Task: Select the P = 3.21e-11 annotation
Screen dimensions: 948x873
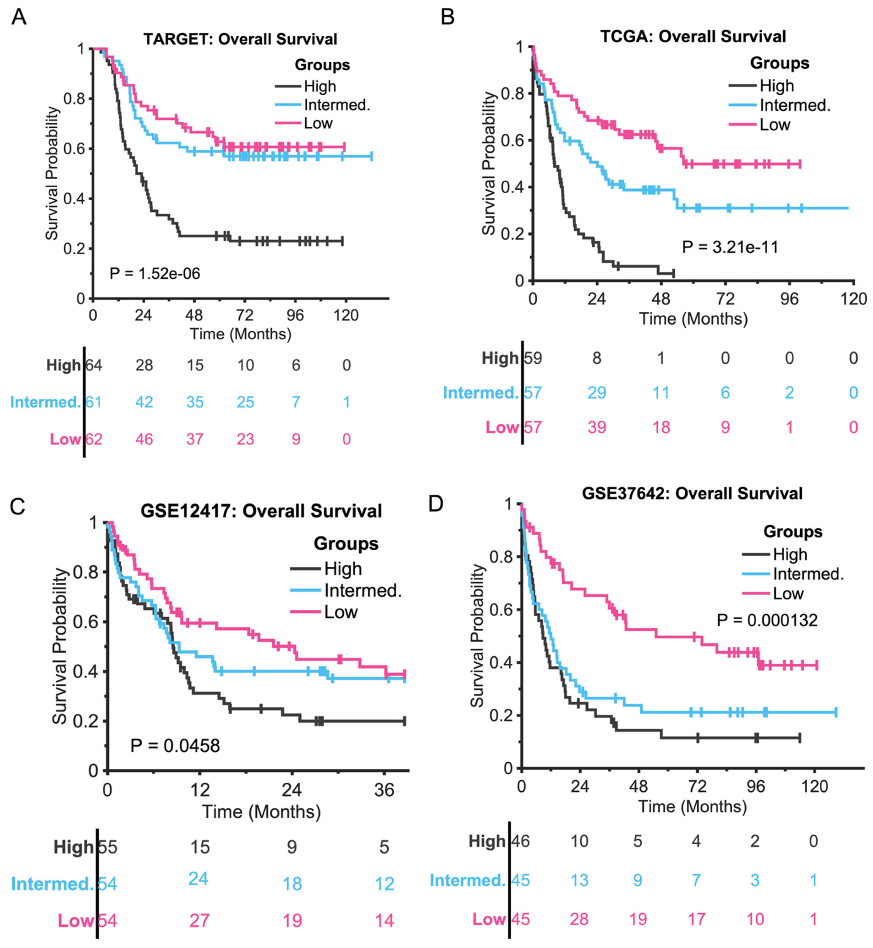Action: coord(730,247)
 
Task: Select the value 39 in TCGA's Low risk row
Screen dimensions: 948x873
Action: coord(597,427)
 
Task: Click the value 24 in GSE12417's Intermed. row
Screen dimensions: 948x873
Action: coord(198,879)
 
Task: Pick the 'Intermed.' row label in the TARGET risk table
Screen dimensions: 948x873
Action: coord(45,402)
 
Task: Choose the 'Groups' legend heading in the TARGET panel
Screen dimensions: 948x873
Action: coord(322,65)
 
